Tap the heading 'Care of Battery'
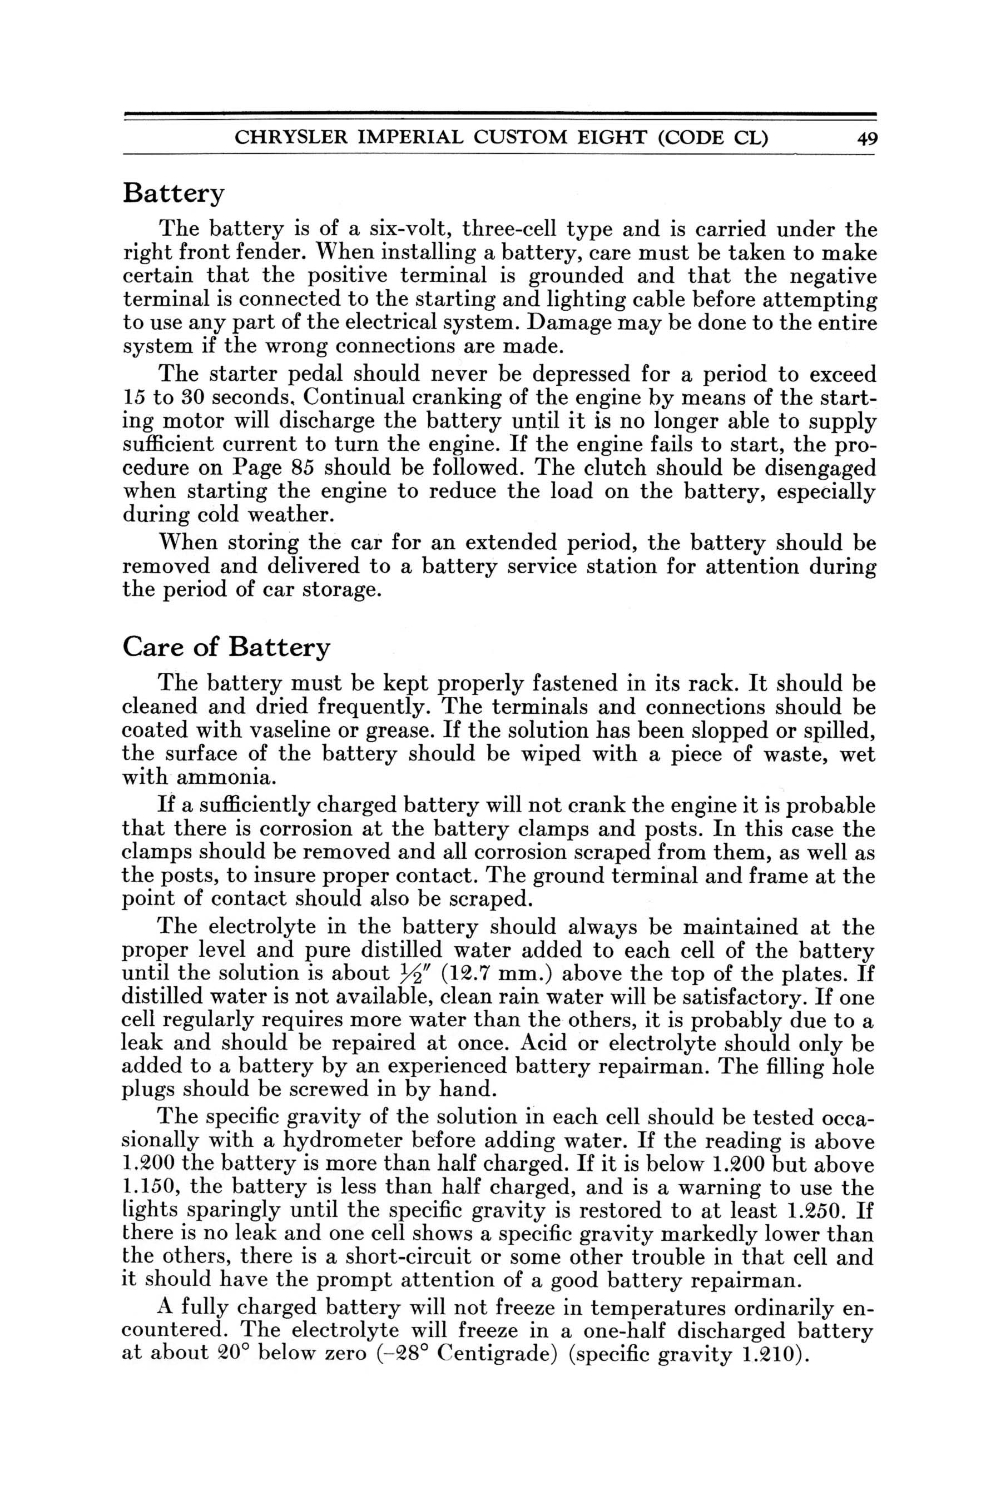pyautogui.click(x=227, y=648)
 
